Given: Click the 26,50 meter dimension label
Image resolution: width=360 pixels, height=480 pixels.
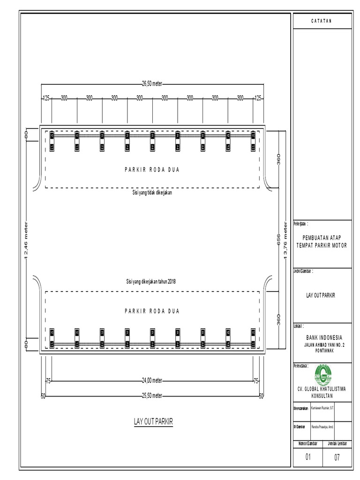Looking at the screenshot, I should pyautogui.click(x=152, y=84).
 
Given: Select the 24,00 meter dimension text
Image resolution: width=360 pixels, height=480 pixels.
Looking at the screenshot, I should pyautogui.click(x=152, y=381).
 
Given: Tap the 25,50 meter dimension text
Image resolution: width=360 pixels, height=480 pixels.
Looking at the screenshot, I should pyautogui.click(x=152, y=396).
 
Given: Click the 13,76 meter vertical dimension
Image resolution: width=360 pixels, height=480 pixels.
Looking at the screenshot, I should pyautogui.click(x=285, y=240).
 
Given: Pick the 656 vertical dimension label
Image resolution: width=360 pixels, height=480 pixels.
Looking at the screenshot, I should pyautogui.click(x=278, y=239).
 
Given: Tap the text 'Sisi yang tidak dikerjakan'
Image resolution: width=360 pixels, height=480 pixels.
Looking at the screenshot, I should pyautogui.click(x=152, y=192).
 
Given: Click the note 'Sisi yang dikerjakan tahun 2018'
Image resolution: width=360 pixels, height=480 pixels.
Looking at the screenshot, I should pyautogui.click(x=152, y=281).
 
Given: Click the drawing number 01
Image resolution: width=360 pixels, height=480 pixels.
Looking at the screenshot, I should pyautogui.click(x=308, y=457).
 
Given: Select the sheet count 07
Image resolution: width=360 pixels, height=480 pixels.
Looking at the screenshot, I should pyautogui.click(x=337, y=457).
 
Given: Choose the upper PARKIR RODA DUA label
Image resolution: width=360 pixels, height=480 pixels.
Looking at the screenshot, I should pyautogui.click(x=152, y=170).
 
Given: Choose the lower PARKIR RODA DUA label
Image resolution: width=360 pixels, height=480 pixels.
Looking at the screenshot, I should pyautogui.click(x=152, y=311).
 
